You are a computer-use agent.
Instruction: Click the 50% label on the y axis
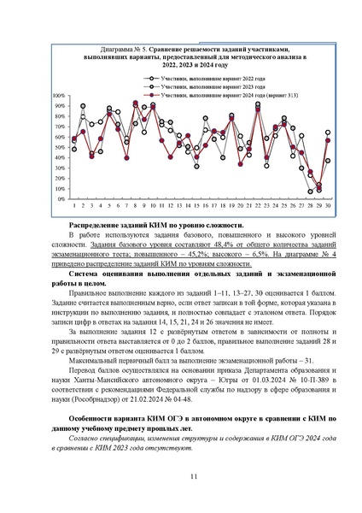pyautogui.click(x=58, y=148)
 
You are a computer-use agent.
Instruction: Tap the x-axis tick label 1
pyautogui.click(x=73, y=206)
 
